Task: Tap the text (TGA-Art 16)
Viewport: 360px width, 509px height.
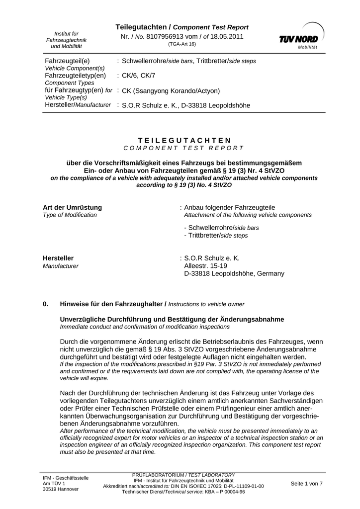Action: pyautogui.click(x=182, y=44)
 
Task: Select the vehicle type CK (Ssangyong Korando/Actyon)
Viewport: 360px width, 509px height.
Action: pyautogui.click(x=171, y=91)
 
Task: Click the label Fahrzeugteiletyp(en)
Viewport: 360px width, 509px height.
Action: pyautogui.click(x=76, y=75)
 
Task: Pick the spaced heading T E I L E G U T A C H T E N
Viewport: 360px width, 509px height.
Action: pyautogui.click(x=184, y=140)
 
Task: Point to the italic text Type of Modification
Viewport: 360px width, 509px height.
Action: pyautogui.click(x=70, y=215)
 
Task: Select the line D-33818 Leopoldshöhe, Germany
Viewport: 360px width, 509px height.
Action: pyautogui.click(x=234, y=273)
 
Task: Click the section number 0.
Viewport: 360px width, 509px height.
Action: pyautogui.click(x=46, y=303)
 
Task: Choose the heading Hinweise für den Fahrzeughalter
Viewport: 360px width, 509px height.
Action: pyautogui.click(x=113, y=303)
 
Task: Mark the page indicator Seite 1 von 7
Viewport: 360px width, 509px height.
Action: pyautogui.click(x=306, y=484)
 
